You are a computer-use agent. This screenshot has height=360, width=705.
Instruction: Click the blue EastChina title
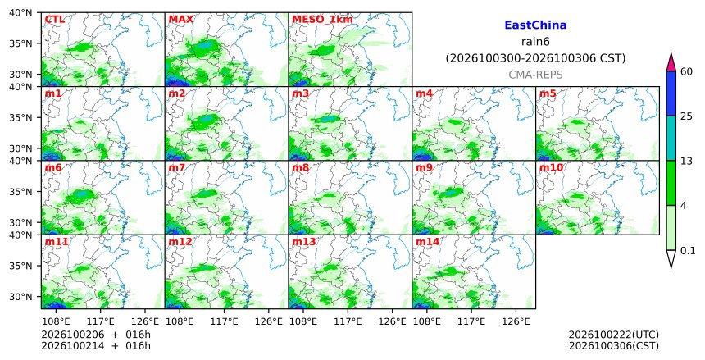535,25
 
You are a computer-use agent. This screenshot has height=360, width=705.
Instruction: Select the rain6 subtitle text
535,42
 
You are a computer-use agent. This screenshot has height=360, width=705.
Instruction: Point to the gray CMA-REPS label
535,75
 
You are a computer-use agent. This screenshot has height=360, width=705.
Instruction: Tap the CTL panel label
54,20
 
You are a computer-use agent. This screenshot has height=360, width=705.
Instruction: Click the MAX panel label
180,20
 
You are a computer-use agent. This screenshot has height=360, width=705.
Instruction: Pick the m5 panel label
548,93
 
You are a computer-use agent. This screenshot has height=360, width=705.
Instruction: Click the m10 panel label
551,168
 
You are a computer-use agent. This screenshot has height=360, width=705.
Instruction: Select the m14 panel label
427,242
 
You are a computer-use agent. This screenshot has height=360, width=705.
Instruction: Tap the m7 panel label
177,168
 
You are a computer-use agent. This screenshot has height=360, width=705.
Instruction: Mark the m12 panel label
180,242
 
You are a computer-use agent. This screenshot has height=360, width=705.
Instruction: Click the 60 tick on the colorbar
686,71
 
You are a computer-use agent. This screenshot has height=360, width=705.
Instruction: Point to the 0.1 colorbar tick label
688,251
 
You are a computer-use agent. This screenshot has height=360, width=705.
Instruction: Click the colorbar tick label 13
686,161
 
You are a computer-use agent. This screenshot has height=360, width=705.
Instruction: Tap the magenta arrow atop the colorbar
671,62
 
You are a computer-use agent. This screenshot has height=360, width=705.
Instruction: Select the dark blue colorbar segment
671,93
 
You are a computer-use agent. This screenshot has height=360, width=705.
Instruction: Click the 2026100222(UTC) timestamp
614,335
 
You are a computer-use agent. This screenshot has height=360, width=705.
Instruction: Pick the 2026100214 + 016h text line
96,346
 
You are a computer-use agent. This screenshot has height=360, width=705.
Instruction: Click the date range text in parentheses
535,58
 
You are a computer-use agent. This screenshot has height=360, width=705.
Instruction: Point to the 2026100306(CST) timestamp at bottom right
614,346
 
